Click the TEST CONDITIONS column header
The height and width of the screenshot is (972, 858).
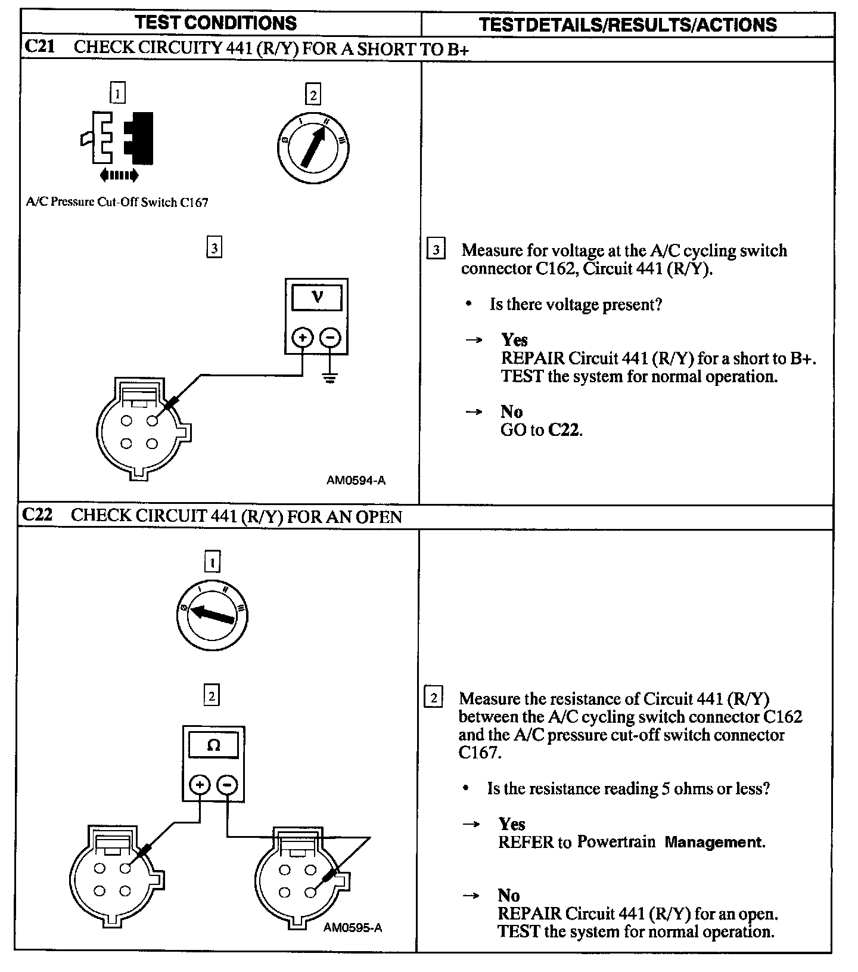216,23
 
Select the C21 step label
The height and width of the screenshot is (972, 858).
40,47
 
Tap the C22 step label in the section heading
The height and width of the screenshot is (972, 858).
37,515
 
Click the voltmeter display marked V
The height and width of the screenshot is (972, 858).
317,297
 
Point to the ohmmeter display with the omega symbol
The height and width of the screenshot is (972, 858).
213,745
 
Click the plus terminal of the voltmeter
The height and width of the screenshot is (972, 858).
303,338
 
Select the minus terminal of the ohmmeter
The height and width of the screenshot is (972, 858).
227,785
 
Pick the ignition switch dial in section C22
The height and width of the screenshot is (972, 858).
212,616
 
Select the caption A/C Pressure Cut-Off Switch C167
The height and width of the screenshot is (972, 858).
117,202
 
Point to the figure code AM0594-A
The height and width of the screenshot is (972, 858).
356,480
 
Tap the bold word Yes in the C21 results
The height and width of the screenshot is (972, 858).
514,340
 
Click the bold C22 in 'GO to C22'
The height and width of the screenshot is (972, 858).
564,430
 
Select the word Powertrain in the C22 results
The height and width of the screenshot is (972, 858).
616,842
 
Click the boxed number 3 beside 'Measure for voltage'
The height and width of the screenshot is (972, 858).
436,249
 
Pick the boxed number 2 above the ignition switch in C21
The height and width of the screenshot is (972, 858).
312,95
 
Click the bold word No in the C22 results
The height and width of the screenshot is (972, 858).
508,895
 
